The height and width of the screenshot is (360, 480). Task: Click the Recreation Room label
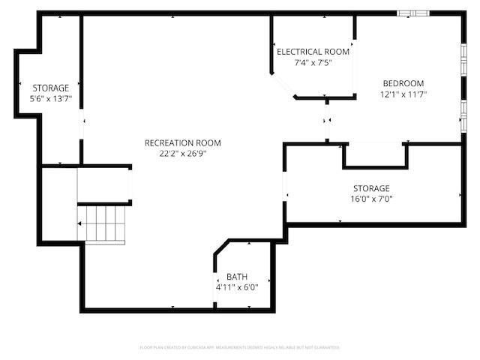pyautogui.click(x=183, y=142)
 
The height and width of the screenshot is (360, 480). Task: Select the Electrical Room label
pyautogui.click(x=313, y=52)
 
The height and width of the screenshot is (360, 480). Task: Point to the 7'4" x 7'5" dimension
pyautogui.click(x=313, y=63)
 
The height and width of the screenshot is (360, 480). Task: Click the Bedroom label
pyautogui.click(x=403, y=83)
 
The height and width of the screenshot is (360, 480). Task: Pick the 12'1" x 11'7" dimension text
pyautogui.click(x=403, y=94)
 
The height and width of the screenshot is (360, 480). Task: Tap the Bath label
pyautogui.click(x=237, y=276)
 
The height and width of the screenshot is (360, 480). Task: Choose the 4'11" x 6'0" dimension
pyautogui.click(x=237, y=286)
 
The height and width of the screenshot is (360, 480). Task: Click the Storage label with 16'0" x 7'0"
pyautogui.click(x=371, y=188)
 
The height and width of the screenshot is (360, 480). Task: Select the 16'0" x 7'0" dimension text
pyautogui.click(x=371, y=199)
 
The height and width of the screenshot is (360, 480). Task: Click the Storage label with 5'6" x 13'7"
pyautogui.click(x=50, y=88)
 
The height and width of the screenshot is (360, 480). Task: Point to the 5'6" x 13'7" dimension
pyautogui.click(x=50, y=99)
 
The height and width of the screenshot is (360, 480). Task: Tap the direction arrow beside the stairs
pyautogui.click(x=81, y=223)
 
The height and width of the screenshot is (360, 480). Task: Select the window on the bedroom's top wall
pyautogui.click(x=413, y=13)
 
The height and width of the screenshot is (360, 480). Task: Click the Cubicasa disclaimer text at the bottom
pyautogui.click(x=240, y=348)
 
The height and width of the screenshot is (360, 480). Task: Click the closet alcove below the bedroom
pyautogui.click(x=375, y=155)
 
